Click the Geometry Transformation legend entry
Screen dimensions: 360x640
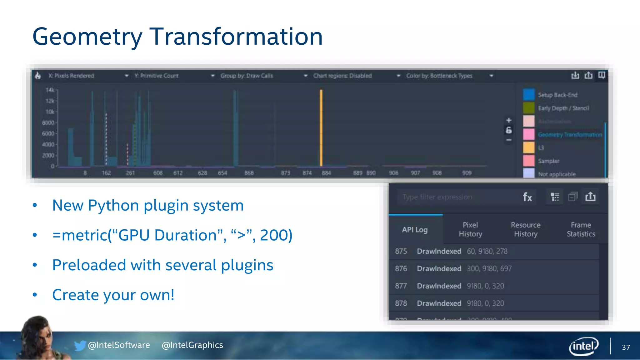pos(570,135)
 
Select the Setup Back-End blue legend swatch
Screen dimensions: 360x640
pos(529,95)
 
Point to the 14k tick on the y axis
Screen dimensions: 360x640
pos(50,90)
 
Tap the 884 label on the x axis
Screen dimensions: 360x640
pos(326,173)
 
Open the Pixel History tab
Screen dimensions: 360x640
pos(470,229)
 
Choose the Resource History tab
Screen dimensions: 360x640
pos(526,229)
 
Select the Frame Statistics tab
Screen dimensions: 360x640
pos(581,229)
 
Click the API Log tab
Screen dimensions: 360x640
pos(415,230)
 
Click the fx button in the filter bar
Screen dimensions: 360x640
pos(527,197)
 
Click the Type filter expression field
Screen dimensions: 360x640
pos(456,197)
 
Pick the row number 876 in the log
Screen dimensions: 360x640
pos(401,269)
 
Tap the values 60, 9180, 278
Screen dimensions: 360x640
pos(487,251)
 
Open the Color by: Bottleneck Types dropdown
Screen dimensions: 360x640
pos(449,76)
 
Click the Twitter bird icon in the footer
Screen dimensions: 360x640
pos(80,345)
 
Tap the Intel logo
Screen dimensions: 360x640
pos(583,346)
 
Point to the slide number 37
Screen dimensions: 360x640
pos(626,347)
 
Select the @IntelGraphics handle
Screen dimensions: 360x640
pos(192,345)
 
